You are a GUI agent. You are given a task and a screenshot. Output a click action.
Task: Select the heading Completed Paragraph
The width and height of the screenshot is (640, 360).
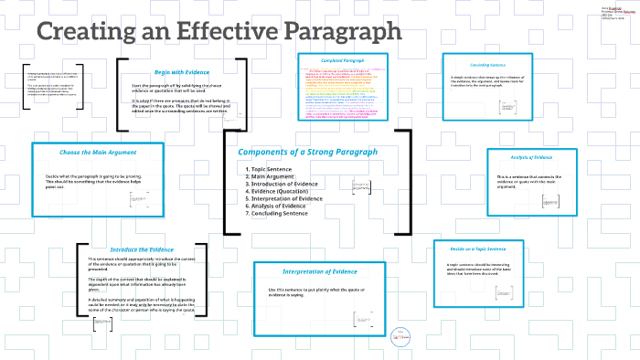(344, 61)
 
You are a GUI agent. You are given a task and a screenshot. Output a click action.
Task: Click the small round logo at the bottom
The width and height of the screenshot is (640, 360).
(400, 336)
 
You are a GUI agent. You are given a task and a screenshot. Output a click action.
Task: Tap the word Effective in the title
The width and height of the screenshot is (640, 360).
(210, 32)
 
